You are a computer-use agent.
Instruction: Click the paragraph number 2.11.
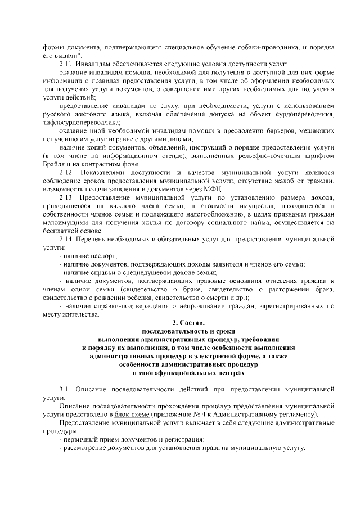point(67,64)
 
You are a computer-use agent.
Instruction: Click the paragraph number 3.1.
point(65,389)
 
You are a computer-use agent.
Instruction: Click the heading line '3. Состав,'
point(189,323)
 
